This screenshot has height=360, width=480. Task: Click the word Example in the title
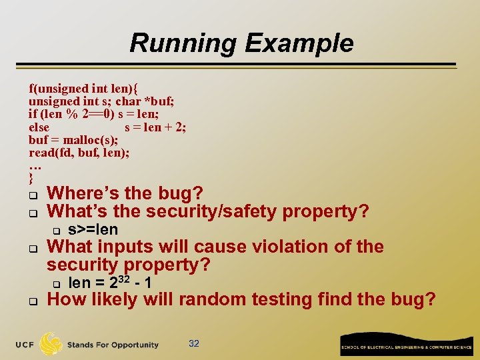[299, 43]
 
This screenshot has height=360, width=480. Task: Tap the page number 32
[194, 344]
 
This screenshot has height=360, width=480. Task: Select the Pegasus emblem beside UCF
[51, 343]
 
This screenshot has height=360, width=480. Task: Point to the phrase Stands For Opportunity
[113, 345]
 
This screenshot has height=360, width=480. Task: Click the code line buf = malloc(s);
[73, 140]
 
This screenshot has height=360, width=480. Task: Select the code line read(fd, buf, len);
[79, 153]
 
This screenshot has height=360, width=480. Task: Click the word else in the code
[39, 127]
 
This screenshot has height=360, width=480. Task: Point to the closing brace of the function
[31, 178]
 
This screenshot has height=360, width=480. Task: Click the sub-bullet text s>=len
[93, 230]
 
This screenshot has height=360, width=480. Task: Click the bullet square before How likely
[32, 301]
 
